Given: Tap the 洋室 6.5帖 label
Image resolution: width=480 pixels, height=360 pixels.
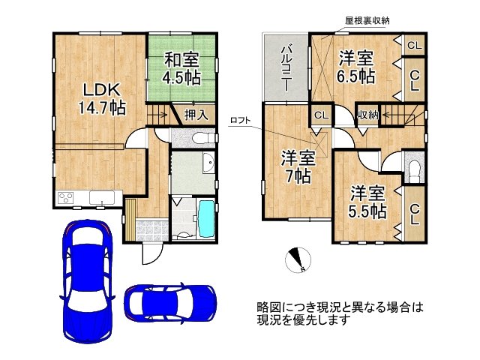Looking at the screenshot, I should (x=355, y=66).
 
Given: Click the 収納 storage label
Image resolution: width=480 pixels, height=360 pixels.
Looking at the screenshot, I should (x=367, y=115).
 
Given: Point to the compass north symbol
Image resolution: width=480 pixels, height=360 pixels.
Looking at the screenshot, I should (x=297, y=259).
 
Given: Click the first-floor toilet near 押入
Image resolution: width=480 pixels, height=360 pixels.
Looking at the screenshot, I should (x=189, y=139).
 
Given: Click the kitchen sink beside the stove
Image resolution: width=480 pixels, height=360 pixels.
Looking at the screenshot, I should (x=100, y=199).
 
